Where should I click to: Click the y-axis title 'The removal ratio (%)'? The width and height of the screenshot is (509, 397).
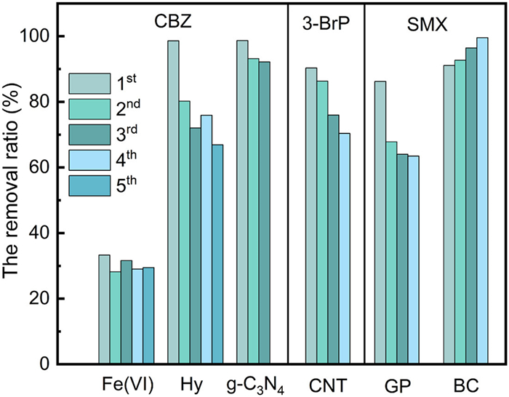click(x=16, y=196)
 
